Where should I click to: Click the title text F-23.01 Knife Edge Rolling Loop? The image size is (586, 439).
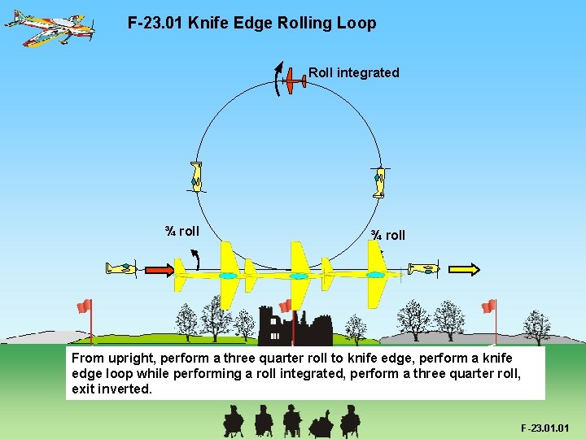(x=251, y=23)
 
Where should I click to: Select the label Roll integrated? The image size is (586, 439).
(x=353, y=72)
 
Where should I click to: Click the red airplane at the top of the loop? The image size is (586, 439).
(x=294, y=82)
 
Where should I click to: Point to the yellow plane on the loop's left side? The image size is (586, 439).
(x=195, y=176)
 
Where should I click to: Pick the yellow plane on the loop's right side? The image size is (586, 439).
(x=378, y=181)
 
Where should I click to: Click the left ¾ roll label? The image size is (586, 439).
(x=181, y=231)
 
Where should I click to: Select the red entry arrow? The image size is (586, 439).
(x=159, y=269)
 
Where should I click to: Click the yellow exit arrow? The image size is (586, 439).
(x=463, y=269)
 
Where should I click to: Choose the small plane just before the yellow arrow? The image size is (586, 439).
(x=423, y=268)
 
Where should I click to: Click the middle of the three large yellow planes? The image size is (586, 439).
(x=300, y=276)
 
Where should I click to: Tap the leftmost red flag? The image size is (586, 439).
(x=84, y=306)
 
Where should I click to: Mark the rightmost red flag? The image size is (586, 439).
(x=488, y=306)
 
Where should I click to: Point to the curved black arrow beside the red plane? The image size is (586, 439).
(x=278, y=78)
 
